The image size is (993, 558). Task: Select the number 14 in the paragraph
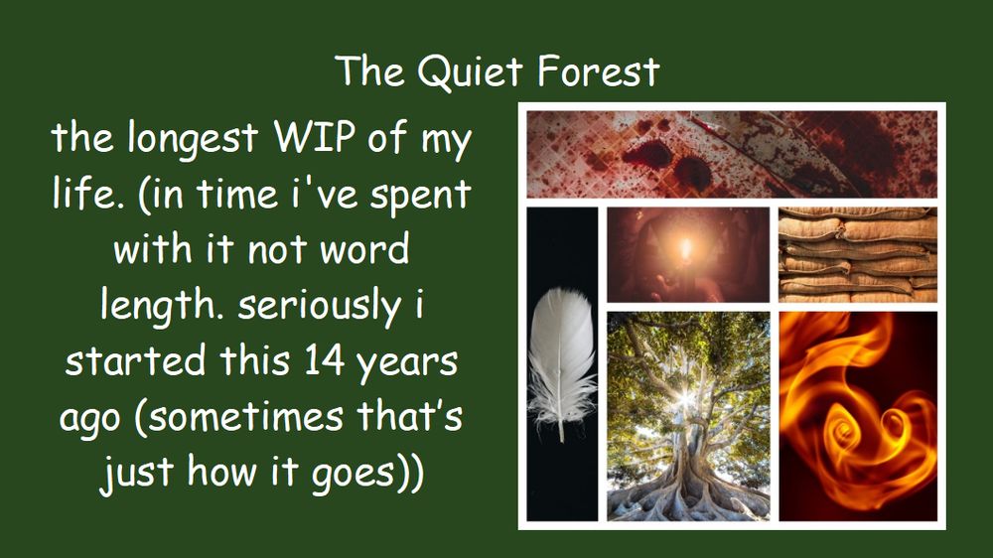308,361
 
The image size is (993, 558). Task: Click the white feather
563,363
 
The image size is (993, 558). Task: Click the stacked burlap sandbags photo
857,253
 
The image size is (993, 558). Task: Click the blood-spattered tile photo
731,153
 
